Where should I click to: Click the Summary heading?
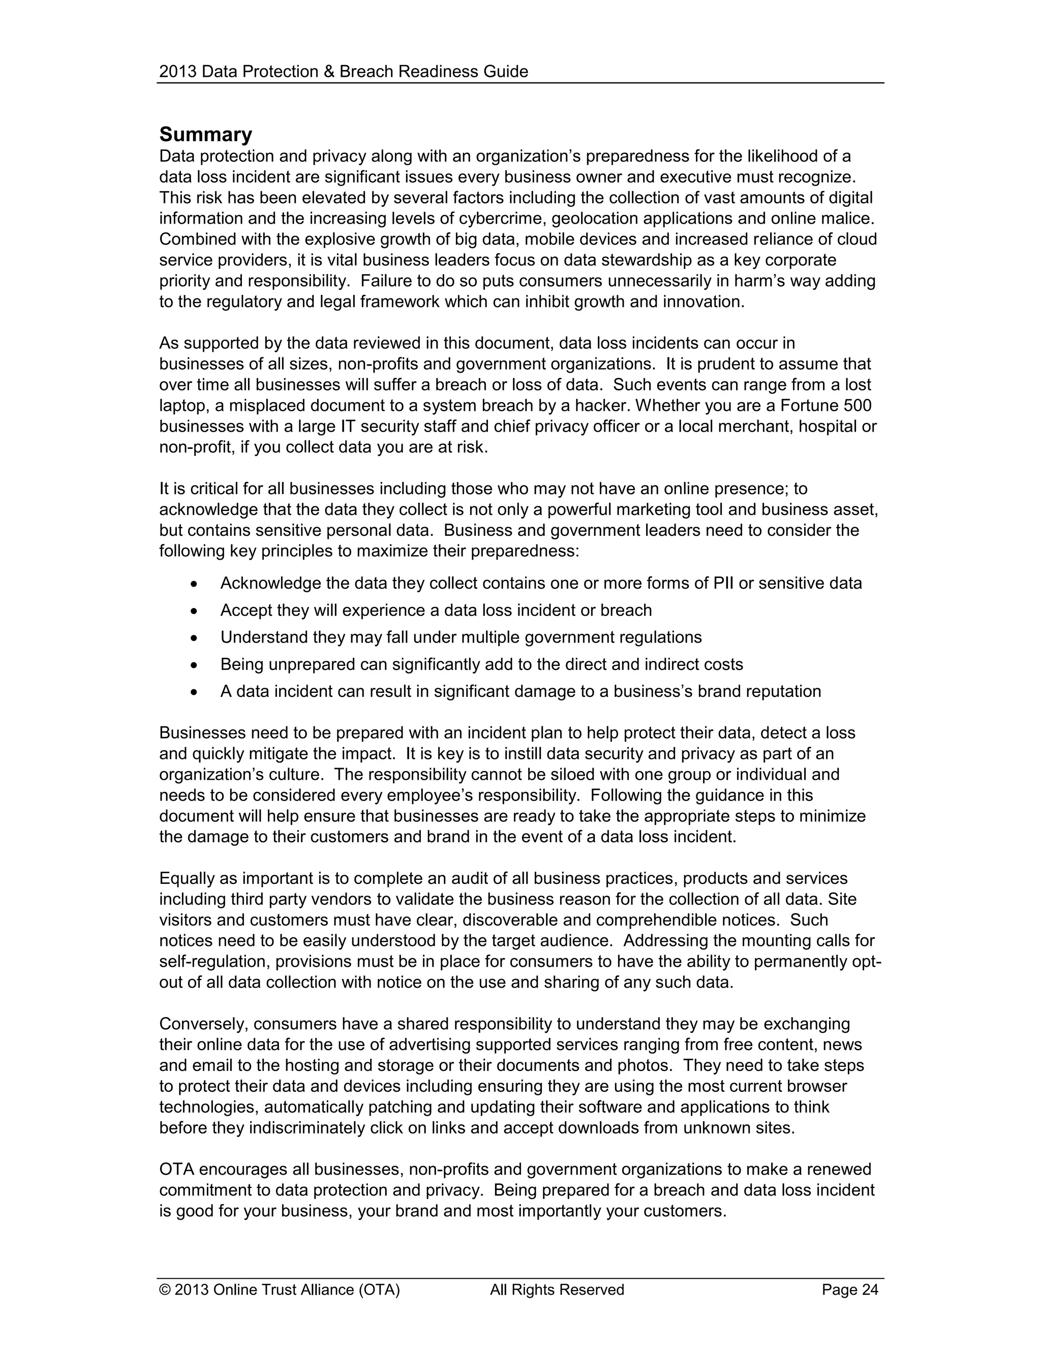click(205, 135)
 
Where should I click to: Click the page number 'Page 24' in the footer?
click(849, 1290)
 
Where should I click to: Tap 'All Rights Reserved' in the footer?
click(557, 1290)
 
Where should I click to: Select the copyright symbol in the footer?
click(165, 1290)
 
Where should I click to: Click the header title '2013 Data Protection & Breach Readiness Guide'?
click(344, 72)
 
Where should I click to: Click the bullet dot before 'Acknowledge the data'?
click(194, 584)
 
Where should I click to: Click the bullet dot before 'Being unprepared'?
click(194, 665)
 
